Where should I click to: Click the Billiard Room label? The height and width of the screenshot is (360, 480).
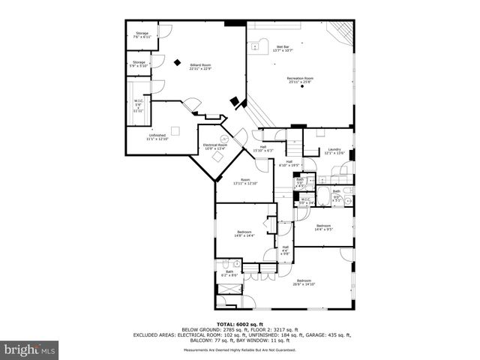coord(200,66)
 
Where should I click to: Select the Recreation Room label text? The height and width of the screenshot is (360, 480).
coord(299,78)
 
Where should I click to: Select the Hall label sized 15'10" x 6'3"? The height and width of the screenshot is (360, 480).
coord(263,148)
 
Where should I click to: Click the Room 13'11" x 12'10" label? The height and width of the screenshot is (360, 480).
coord(244,181)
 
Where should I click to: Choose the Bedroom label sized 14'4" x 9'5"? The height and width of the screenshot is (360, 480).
coord(323,227)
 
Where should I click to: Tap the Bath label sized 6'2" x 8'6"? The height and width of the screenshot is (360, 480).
coord(229,274)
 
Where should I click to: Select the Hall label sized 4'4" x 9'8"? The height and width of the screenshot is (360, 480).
coord(285,250)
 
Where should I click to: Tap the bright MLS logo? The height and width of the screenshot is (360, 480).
coord(31,349)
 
